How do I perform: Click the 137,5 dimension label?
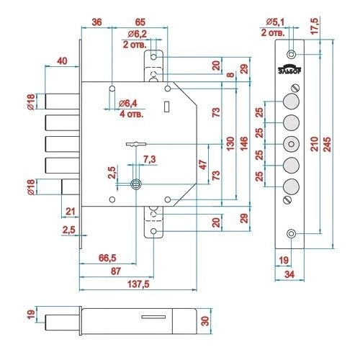[138, 284]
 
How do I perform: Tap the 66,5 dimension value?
[107, 258]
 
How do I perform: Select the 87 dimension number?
[116, 271]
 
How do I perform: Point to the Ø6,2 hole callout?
[138, 34]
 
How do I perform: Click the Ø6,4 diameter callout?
[128, 104]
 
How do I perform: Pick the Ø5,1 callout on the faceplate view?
[275, 22]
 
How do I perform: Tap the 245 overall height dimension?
[327, 144]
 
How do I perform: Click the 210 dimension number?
[315, 144]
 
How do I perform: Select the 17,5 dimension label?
[315, 26]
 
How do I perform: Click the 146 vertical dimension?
[244, 143]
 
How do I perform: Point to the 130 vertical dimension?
[230, 143]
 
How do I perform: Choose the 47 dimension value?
[203, 165]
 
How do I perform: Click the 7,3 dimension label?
[150, 159]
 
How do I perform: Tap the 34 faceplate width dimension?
[289, 274]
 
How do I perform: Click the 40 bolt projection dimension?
[62, 61]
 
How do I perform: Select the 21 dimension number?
[71, 212]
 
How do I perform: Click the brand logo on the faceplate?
[290, 69]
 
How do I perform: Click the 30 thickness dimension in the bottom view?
[205, 321]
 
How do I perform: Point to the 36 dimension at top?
[96, 22]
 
